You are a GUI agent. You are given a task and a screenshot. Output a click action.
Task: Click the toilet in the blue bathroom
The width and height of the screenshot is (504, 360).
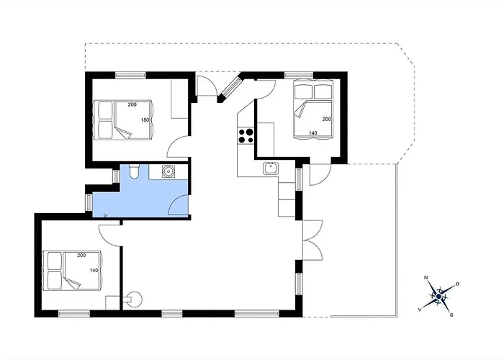pos(134,171)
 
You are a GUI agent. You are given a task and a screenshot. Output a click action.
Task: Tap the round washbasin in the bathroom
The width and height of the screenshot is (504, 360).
pos(168,171)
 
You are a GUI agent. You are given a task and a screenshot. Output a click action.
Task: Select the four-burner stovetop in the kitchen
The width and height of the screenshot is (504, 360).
pos(246,135)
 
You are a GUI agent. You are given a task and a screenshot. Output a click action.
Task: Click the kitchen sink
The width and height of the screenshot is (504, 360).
pos(271,168)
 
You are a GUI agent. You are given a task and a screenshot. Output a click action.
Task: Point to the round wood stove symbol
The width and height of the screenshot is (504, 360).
pos(133,300)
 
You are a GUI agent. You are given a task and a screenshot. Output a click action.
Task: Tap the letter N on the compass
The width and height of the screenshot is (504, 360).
pos(426,277)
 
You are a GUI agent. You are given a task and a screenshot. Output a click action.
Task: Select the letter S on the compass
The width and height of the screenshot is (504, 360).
pos(451,315)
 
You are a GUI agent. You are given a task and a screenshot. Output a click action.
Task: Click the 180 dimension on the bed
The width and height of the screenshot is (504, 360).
pos(145,120)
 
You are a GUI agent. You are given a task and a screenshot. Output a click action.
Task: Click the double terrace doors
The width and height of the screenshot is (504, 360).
pos(312,240)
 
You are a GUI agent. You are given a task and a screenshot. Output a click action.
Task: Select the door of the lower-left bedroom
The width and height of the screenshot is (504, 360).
pos(109,235)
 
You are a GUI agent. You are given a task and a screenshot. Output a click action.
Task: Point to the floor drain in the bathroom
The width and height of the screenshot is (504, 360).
pos(105,215)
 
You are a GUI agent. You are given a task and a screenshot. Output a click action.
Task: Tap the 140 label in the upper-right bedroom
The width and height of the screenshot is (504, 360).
pos(313,132)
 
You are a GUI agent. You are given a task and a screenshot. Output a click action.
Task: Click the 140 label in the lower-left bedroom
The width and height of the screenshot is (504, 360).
pos(94,270)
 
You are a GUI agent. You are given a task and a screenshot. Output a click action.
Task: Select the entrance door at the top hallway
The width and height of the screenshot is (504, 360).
pos(207,86)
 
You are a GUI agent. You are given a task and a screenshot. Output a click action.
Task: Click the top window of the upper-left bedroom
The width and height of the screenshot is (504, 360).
pos(130,75)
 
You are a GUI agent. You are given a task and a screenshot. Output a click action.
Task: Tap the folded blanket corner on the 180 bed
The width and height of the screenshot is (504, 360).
pos(123,132)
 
